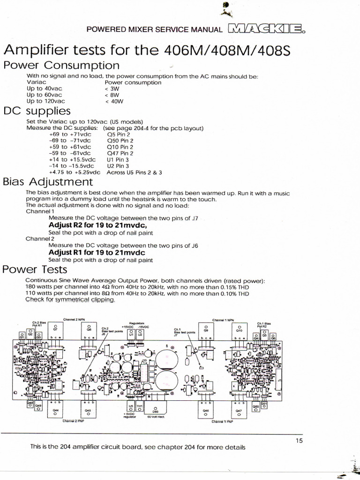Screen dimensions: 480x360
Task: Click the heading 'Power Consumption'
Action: [x=61, y=65]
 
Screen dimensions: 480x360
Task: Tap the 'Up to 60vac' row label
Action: [x=45, y=95]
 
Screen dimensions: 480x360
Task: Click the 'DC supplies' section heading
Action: [x=37, y=111]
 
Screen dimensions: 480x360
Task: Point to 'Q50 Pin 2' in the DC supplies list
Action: [x=120, y=140]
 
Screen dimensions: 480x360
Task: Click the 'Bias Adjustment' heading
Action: [x=48, y=181]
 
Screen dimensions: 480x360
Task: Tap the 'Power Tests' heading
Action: [x=35, y=270]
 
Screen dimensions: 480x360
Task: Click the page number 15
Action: [x=300, y=440]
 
